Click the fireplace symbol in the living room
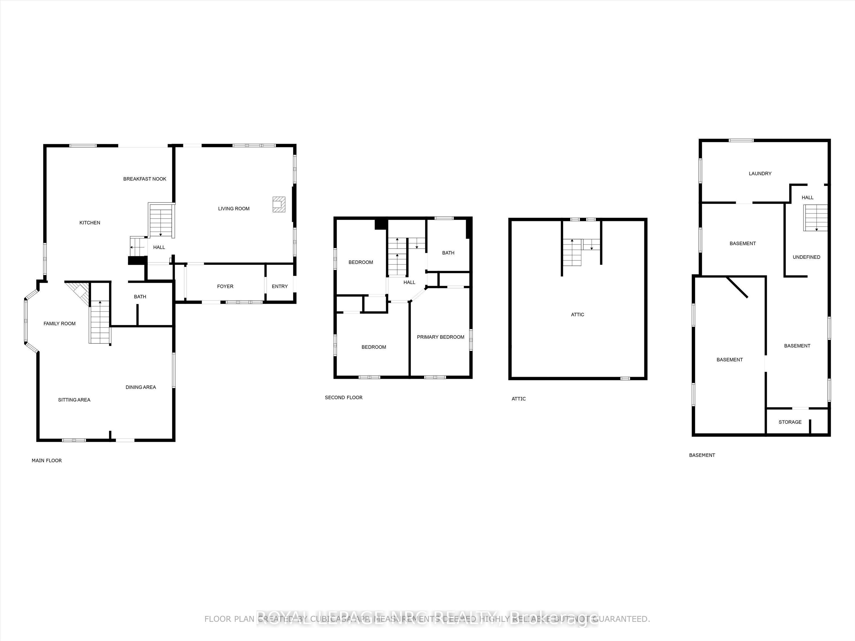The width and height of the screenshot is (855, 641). point(279,204)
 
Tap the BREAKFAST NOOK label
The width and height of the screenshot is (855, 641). point(145,179)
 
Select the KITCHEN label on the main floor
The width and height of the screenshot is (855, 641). point(90,222)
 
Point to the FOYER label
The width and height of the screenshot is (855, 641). point(225,286)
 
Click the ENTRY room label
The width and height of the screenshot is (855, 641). point(279,286)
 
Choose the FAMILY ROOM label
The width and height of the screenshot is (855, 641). point(60,323)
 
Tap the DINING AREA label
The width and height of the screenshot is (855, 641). point(141,387)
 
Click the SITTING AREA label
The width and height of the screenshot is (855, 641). point(74,400)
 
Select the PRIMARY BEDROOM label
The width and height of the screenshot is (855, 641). point(440,337)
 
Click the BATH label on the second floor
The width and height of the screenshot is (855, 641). point(448,253)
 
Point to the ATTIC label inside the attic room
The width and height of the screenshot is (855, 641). point(577,315)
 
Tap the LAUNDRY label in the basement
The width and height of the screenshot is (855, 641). point(760,174)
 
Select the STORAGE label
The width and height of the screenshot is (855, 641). point(790,422)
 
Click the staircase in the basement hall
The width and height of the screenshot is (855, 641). point(815,217)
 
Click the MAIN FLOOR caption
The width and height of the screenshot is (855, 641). point(46,460)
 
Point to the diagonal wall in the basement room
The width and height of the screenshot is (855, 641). point(737,287)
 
